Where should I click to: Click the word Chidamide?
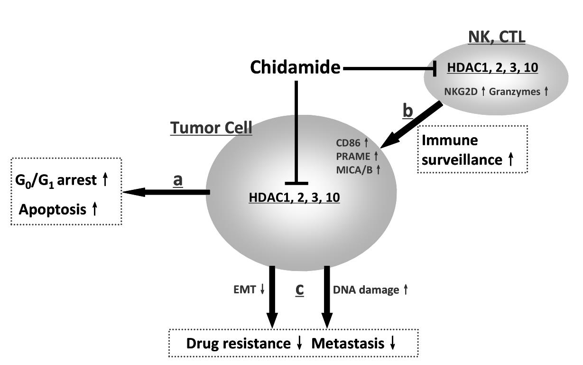(295, 68)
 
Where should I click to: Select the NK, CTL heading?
(496, 37)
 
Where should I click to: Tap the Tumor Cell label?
(211, 128)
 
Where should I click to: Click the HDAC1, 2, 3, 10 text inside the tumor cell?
(294, 198)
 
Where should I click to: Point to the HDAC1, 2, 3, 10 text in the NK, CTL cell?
(492, 68)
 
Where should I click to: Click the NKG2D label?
(462, 92)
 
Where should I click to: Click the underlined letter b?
(407, 111)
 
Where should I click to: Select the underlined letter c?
(299, 290)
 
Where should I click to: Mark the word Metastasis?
(348, 343)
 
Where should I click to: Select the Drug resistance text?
(238, 343)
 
